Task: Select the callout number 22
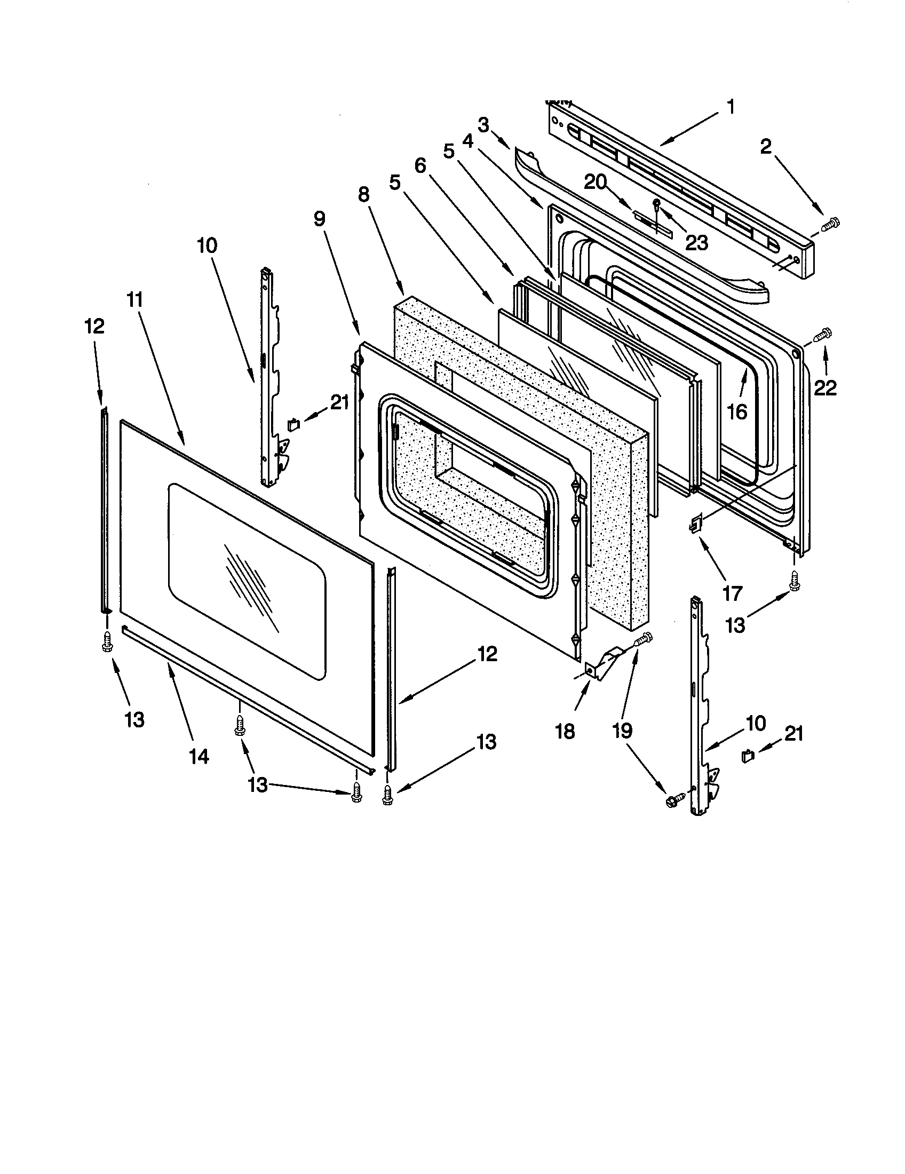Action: click(x=825, y=388)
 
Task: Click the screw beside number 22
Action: click(x=823, y=336)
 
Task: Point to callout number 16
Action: click(x=737, y=412)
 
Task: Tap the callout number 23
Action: click(x=696, y=242)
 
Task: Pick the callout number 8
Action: click(x=364, y=194)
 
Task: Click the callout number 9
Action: click(x=319, y=219)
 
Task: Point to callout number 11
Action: click(x=135, y=299)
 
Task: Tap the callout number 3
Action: click(x=483, y=126)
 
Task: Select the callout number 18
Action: click(x=565, y=731)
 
